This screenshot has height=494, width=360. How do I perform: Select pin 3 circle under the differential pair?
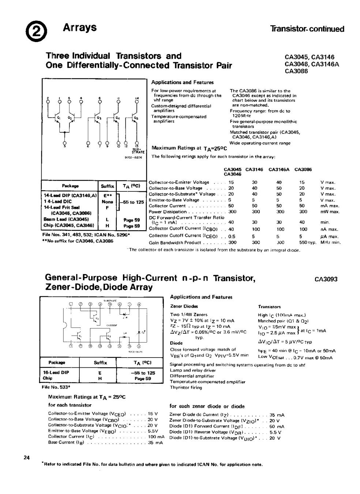(65, 142)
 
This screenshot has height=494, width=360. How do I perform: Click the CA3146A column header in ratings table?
(279, 170)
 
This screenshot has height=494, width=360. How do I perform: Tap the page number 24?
(26, 457)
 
